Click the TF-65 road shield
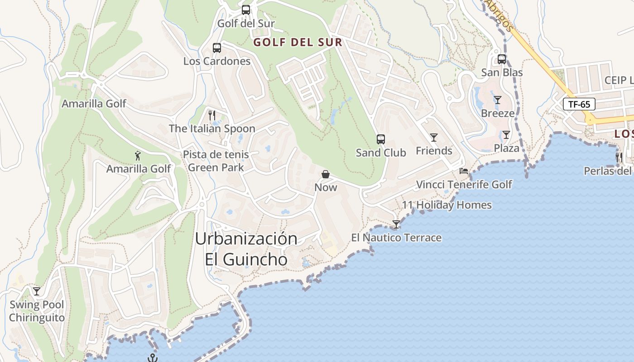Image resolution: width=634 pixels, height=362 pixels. pyautogui.click(x=579, y=104)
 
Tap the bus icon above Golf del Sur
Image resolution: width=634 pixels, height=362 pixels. pyautogui.click(x=246, y=10)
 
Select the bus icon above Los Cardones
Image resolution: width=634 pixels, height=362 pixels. pyautogui.click(x=217, y=48)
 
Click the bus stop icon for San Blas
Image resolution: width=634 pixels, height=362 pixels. pyautogui.click(x=502, y=59)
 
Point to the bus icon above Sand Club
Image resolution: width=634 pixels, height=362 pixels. pyautogui.click(x=381, y=139)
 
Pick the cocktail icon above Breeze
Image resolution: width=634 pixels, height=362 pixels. pyautogui.click(x=498, y=100)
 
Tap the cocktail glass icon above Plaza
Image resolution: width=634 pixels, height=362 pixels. pyautogui.click(x=506, y=134)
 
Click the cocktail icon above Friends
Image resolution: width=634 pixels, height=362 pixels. pyautogui.click(x=434, y=137)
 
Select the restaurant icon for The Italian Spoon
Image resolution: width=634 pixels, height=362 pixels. pyautogui.click(x=211, y=115)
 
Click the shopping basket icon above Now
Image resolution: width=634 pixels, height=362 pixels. pyautogui.click(x=326, y=174)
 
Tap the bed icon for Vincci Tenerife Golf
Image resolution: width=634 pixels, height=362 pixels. pyautogui.click(x=464, y=171)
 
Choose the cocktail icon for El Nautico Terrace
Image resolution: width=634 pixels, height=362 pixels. pyautogui.click(x=396, y=224)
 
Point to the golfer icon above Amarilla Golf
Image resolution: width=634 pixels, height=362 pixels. pyautogui.click(x=138, y=156)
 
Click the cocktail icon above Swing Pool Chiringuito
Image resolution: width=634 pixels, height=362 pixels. pyautogui.click(x=37, y=291)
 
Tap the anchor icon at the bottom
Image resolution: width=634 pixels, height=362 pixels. pyautogui.click(x=153, y=358)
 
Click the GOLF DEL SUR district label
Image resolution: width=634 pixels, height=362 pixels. pyautogui.click(x=298, y=43)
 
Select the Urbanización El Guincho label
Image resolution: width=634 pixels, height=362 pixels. pyautogui.click(x=246, y=249)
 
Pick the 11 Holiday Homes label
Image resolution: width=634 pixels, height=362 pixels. pyautogui.click(x=447, y=205)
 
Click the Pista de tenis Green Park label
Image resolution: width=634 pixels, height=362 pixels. pyautogui.click(x=216, y=161)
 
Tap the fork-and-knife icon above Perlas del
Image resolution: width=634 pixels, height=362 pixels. pyautogui.click(x=619, y=157)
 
